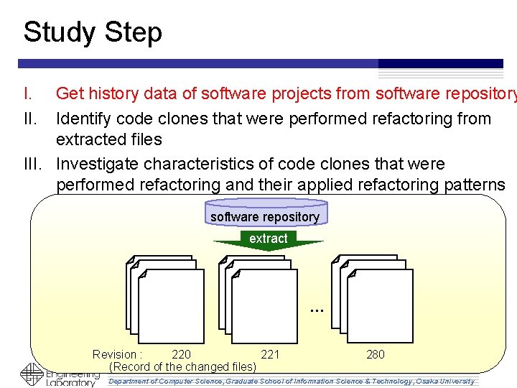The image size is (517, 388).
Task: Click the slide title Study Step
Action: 93,32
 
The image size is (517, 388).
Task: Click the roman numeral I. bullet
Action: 28,93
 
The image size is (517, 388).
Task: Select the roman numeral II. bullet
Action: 30,119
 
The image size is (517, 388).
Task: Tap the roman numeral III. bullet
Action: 34,164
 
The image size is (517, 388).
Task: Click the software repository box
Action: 264,217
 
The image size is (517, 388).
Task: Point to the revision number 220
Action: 182,354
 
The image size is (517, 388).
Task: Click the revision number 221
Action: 270,354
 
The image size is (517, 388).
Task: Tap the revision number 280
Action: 375,354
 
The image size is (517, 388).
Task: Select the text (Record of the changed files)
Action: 182,367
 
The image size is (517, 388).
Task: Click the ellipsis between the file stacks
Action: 317,309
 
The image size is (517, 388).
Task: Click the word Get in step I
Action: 70,93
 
